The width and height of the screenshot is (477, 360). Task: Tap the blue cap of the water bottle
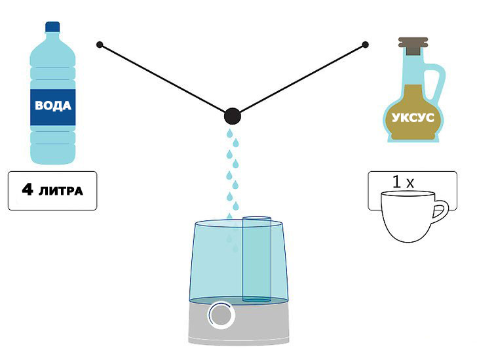pyautogui.click(x=52, y=26)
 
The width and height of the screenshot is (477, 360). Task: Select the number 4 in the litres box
pyautogui.click(x=28, y=190)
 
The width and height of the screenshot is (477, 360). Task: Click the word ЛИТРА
pyautogui.click(x=61, y=191)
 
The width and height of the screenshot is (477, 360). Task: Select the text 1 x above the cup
pyautogui.click(x=403, y=182)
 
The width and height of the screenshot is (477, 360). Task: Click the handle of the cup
pyautogui.click(x=441, y=212)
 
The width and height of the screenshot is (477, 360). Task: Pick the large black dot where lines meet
pyautogui.click(x=232, y=117)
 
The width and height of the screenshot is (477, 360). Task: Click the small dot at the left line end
pyautogui.click(x=100, y=45)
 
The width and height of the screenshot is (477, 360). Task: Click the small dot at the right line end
pyautogui.click(x=365, y=45)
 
